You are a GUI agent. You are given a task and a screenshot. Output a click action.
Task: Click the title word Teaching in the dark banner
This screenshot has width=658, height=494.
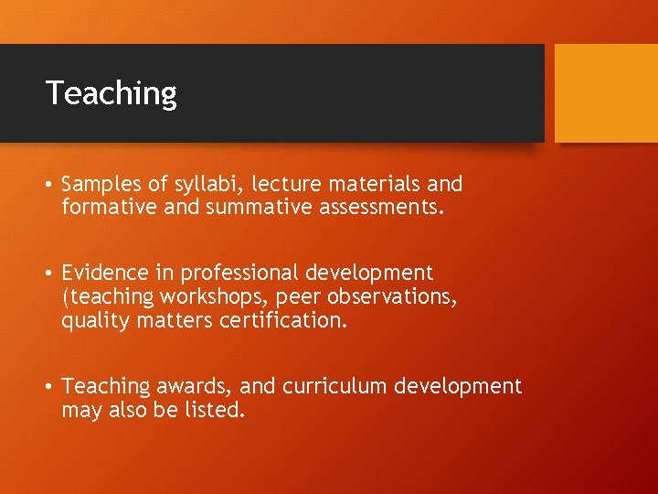111,93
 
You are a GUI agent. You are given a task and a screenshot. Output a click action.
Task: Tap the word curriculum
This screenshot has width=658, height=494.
335,386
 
